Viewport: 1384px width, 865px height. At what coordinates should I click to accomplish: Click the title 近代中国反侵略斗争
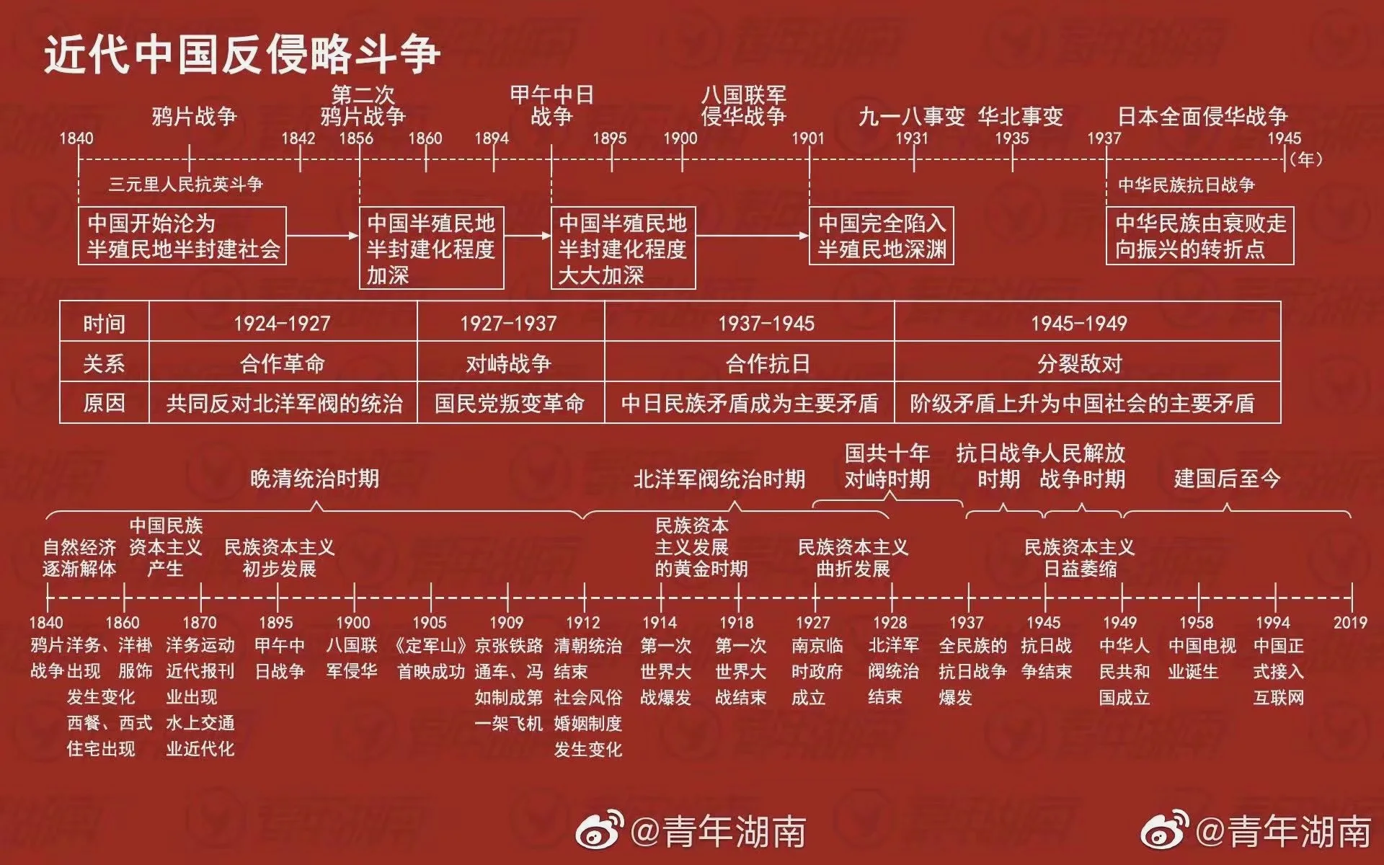coord(242,54)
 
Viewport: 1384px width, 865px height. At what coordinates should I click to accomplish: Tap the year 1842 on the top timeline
coord(298,138)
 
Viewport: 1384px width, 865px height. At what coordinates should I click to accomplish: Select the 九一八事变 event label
coord(911,116)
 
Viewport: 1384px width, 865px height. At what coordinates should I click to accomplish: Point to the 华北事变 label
coord(1021,116)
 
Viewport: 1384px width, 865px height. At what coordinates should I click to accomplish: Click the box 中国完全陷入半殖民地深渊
coord(881,236)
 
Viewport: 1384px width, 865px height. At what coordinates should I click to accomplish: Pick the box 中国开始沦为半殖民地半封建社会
coord(182,236)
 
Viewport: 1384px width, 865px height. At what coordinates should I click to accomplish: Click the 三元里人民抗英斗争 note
coord(186,185)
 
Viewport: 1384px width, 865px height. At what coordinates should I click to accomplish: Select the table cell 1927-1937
coord(509,323)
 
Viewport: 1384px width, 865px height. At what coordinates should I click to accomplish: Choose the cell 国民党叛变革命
coord(510,403)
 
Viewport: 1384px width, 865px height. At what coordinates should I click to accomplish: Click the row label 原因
coord(105,403)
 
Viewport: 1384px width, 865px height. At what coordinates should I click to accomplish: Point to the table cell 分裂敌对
coord(1080,363)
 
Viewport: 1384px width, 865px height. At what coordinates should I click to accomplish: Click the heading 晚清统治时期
coord(314,479)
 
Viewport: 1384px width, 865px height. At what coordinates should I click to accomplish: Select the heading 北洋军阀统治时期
coord(719,479)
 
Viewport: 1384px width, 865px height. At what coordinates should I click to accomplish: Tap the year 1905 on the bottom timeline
coord(430,622)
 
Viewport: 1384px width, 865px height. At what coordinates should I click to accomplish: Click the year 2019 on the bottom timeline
coord(1350,622)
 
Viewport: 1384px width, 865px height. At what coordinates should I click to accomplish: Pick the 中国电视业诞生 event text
coord(1202,658)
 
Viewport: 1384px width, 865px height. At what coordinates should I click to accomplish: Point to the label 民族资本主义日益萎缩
coord(1080,558)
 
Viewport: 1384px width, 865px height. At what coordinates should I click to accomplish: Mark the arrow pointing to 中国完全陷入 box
coord(753,235)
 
